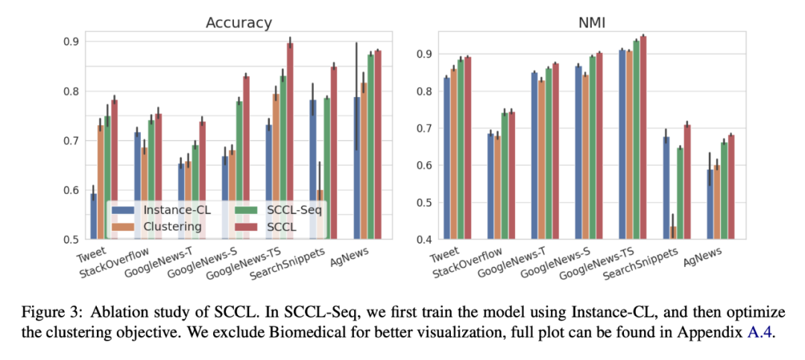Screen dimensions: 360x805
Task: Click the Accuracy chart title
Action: coord(239,22)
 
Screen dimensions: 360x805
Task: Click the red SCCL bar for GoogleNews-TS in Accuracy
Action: coord(290,142)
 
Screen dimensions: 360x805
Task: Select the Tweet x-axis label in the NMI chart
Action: coord(445,256)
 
